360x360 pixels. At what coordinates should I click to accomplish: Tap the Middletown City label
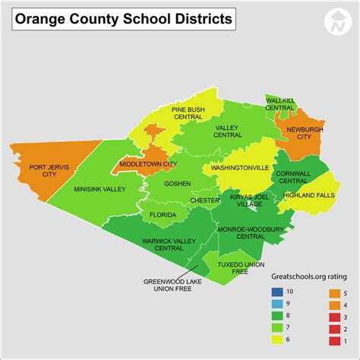click(148, 164)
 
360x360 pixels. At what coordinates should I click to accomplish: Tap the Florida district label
click(163, 215)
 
